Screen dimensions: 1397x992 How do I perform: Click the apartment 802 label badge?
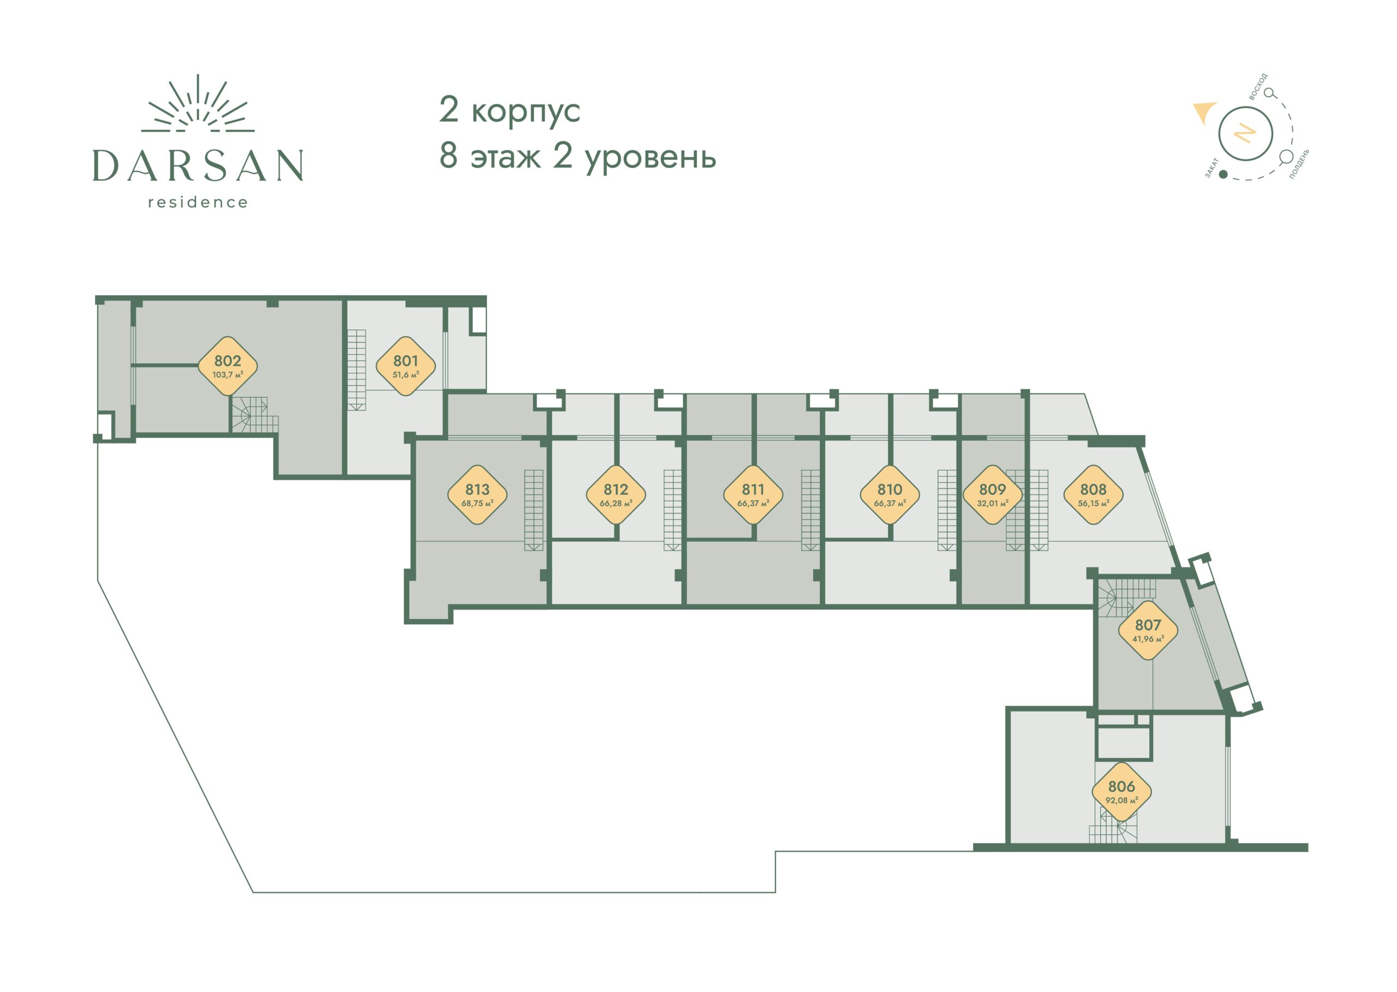[x=227, y=366]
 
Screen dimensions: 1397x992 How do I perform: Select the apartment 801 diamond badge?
[x=405, y=366]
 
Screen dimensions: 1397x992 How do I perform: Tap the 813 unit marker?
[x=477, y=495]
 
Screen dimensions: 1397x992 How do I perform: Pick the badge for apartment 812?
[x=616, y=495]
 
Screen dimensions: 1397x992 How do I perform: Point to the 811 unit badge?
[x=753, y=495]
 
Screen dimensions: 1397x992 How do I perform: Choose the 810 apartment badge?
[x=890, y=495]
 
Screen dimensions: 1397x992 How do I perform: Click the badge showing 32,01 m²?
[x=993, y=495]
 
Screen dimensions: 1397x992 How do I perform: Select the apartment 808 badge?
[x=1094, y=495]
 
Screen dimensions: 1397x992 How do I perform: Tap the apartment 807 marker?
[x=1148, y=630]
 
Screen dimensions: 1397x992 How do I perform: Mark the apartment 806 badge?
[x=1121, y=792]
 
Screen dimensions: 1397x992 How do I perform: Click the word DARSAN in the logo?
[x=198, y=165]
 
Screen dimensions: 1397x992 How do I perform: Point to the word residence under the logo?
[x=198, y=202]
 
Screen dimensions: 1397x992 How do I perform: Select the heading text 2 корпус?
[x=510, y=111]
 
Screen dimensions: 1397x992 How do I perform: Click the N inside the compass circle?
[x=1245, y=133]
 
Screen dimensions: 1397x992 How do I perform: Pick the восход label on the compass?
[x=1258, y=86]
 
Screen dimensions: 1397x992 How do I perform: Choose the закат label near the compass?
[x=1212, y=168]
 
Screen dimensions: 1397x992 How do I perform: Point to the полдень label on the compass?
[x=1299, y=163]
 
